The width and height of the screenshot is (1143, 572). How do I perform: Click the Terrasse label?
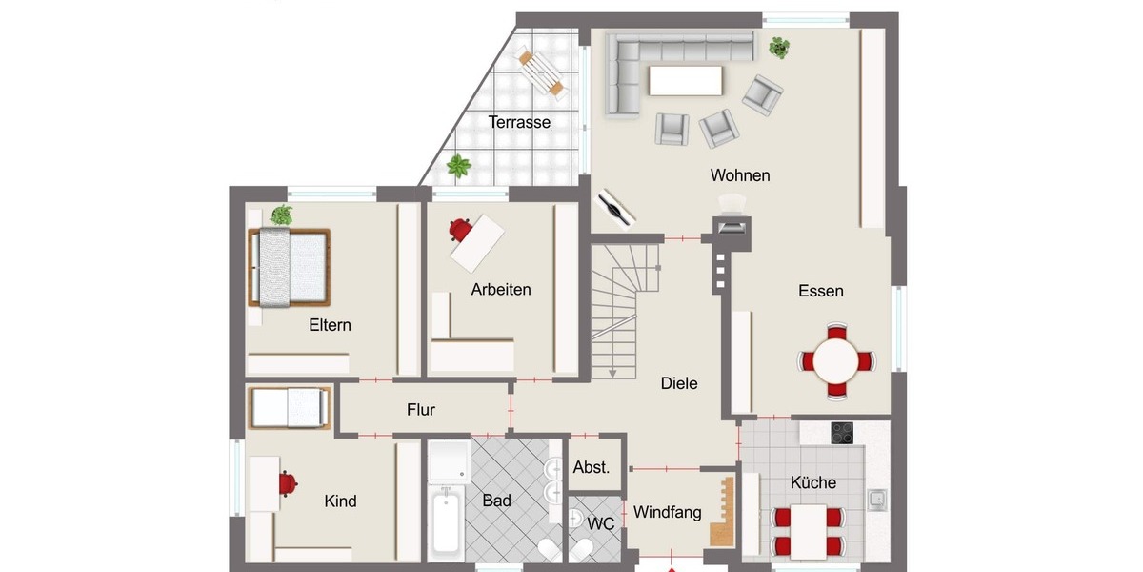519,122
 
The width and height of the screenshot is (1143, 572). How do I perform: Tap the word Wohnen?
739,175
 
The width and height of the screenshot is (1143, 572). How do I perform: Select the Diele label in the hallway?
679,383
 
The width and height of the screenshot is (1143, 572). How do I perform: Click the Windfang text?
667,512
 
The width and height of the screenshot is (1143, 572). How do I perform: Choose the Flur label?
420,410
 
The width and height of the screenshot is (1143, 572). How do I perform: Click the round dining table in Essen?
836,361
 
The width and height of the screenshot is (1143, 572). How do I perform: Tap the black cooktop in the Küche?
844,433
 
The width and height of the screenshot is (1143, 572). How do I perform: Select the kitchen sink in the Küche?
876,498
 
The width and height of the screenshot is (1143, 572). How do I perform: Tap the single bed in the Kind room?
290,408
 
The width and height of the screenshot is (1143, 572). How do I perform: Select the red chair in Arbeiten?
462,230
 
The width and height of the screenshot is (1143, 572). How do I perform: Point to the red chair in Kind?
288,483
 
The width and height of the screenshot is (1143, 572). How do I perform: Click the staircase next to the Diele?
625,305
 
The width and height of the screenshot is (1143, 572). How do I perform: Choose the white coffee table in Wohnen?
685,80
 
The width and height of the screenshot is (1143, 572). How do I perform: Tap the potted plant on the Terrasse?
459,167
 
